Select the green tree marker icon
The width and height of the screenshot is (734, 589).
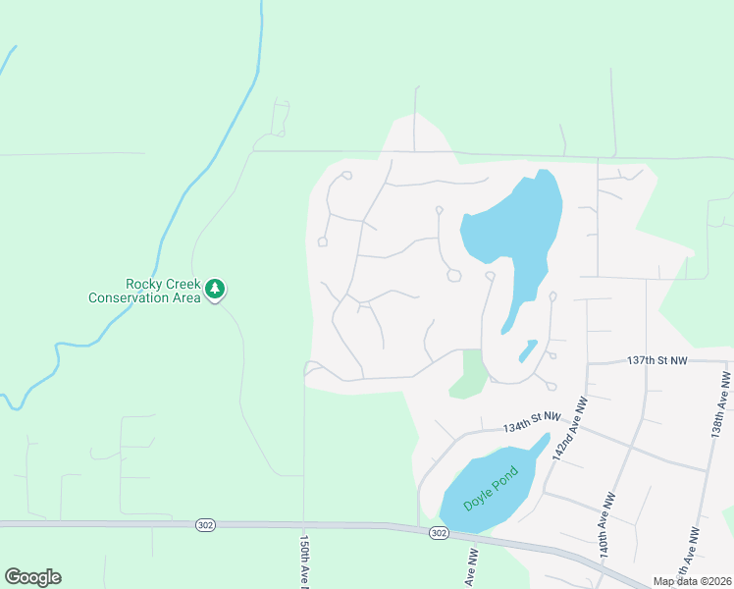pos(215,289)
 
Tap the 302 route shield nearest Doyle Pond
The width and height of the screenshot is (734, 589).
pos(438,533)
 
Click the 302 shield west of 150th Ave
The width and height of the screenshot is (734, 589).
pos(204,524)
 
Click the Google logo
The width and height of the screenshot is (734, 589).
pos(32,577)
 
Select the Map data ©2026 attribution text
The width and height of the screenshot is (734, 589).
pos(691,581)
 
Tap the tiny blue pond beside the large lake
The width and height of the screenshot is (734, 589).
pos(527,349)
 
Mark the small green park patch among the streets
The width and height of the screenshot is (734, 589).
pos(472,374)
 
